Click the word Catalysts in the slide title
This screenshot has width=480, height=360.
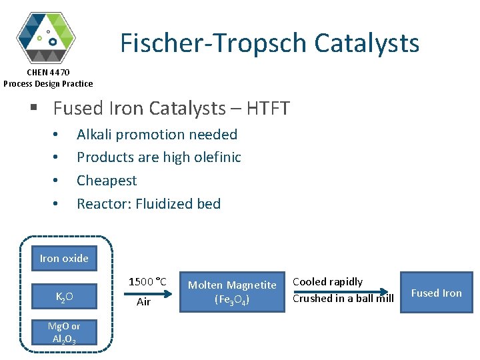click(x=367, y=43)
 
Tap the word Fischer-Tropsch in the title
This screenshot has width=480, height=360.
click(x=213, y=43)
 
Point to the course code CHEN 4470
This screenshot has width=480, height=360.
click(x=48, y=72)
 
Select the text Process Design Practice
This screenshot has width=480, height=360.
click(x=48, y=83)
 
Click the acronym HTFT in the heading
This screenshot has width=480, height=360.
click(x=267, y=108)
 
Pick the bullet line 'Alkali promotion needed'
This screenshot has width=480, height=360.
click(x=157, y=135)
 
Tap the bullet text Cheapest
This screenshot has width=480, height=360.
click(x=107, y=181)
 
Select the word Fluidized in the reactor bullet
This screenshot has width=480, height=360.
click(x=163, y=204)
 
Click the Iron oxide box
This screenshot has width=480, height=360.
click(x=64, y=259)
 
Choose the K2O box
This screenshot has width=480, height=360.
click(x=64, y=296)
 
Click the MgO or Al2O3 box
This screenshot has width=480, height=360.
click(x=64, y=332)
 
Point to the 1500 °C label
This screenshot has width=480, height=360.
click(x=147, y=281)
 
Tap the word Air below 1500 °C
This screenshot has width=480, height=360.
click(x=144, y=302)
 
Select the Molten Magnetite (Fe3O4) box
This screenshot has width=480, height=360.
click(x=232, y=293)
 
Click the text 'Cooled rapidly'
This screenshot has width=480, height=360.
click(x=328, y=282)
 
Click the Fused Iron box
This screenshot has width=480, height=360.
click(x=436, y=293)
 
